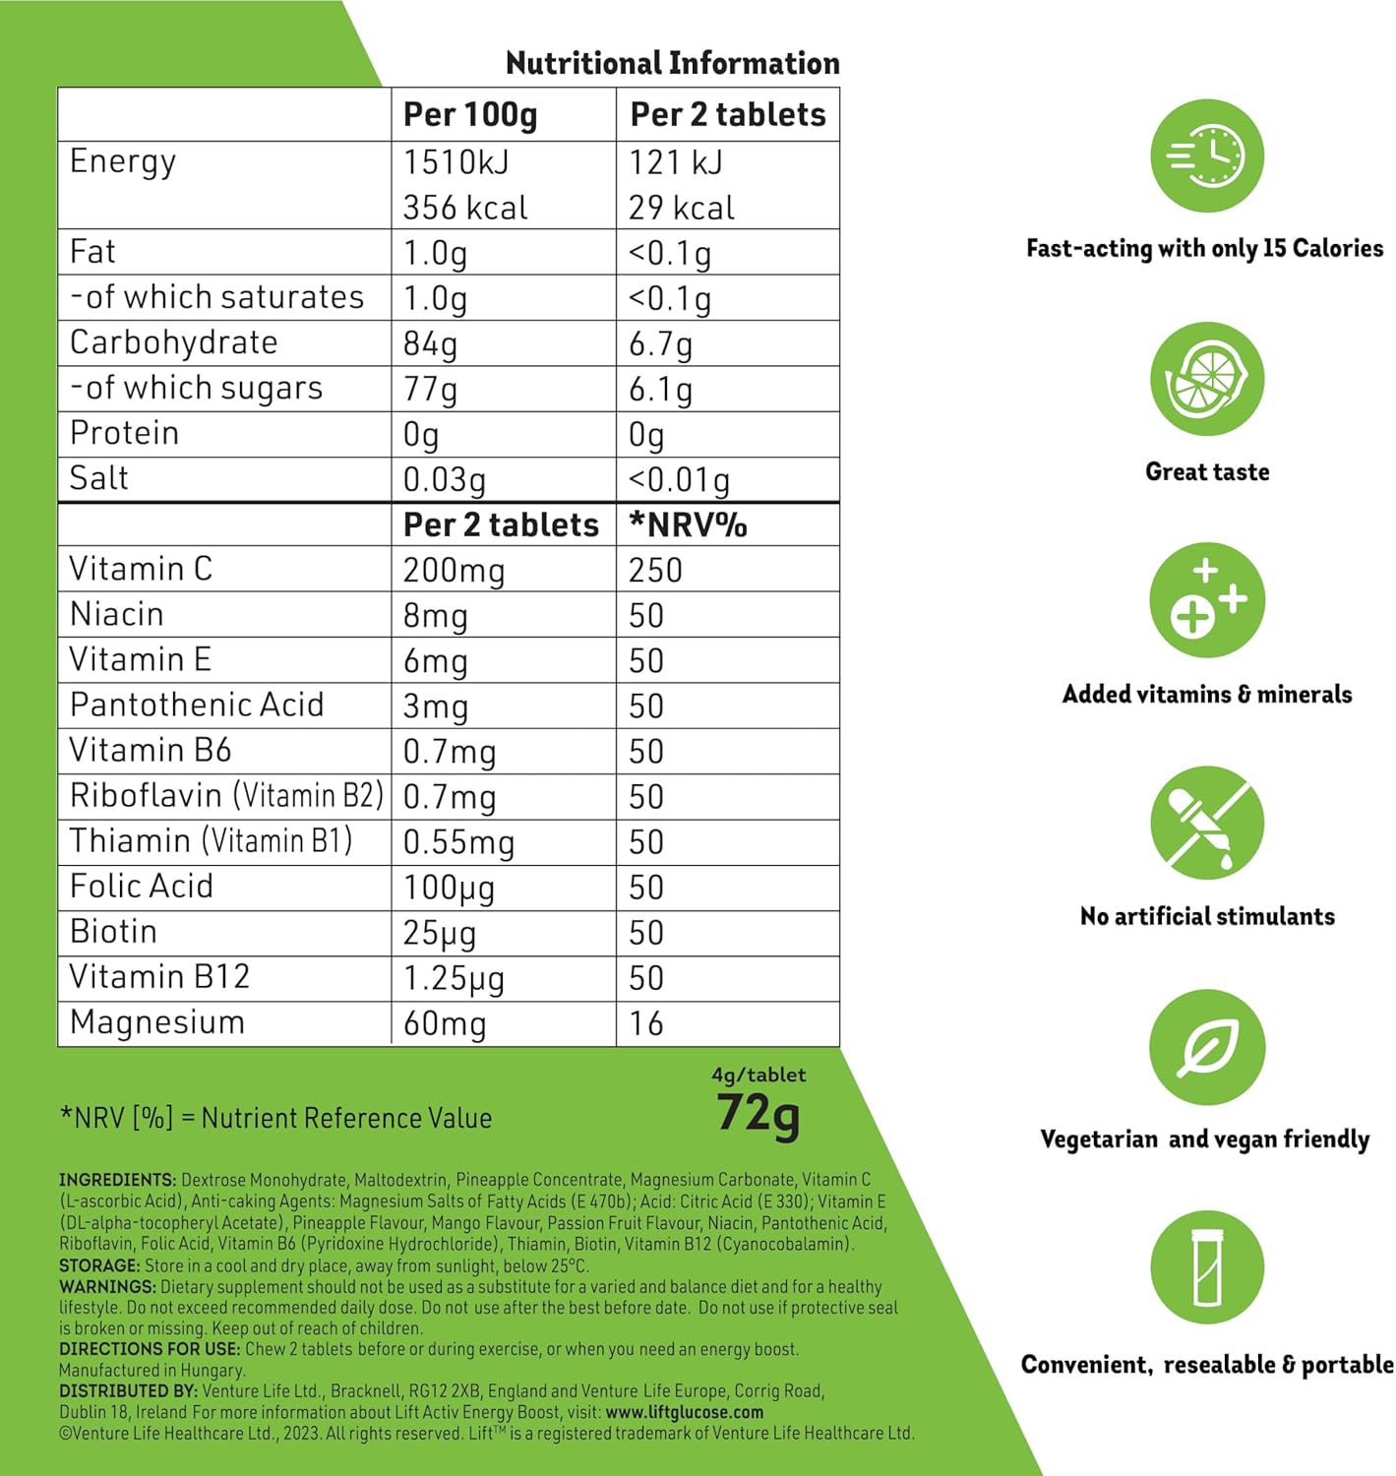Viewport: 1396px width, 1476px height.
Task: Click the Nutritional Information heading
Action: [672, 63]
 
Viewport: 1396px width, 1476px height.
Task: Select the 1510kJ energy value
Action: [456, 162]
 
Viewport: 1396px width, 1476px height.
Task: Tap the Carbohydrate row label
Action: [174, 342]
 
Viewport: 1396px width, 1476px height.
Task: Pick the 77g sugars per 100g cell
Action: [431, 389]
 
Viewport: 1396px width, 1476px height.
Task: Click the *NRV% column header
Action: [688, 524]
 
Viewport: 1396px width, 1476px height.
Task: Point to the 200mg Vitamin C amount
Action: [454, 571]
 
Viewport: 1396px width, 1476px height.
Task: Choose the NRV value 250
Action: [655, 571]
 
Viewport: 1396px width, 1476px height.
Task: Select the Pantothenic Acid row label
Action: [197, 706]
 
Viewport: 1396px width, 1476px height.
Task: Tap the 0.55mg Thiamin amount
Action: [458, 842]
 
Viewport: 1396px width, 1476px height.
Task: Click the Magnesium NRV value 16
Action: [646, 1024]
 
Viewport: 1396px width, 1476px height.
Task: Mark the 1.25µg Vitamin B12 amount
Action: [454, 978]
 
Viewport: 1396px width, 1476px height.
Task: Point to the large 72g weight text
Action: [758, 1115]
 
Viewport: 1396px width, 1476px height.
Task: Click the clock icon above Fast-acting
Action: [1207, 155]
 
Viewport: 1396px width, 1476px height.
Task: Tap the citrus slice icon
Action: [1207, 379]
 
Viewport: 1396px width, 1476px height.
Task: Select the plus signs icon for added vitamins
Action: [1207, 600]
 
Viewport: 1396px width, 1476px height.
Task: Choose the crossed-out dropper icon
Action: [1207, 824]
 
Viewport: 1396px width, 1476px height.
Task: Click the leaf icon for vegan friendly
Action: [1207, 1047]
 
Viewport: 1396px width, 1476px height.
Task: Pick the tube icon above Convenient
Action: [1207, 1268]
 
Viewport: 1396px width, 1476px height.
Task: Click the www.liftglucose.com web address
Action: [685, 1412]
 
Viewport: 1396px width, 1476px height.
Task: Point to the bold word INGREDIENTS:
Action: [117, 1180]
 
